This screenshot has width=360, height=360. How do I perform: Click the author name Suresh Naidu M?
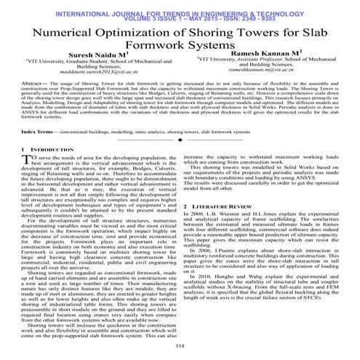pos(97,55)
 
